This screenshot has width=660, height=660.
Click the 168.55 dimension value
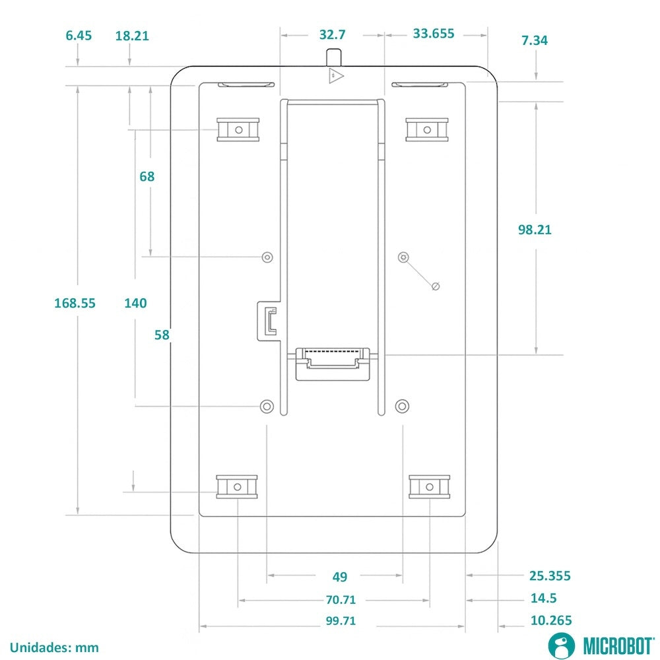75,303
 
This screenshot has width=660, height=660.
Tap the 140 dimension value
135,303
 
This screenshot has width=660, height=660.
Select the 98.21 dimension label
535,230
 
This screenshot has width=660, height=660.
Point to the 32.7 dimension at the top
332,34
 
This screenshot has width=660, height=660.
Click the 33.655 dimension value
434,34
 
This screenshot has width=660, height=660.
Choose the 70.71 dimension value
340,599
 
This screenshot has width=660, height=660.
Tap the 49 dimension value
340,577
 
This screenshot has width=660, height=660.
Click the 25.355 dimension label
550,576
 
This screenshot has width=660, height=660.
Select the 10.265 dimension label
550,620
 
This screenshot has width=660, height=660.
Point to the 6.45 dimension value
79,36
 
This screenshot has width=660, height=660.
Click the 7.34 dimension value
535,40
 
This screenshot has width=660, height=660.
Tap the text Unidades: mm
54,647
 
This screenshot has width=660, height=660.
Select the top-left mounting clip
238,129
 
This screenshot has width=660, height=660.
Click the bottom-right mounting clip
429,486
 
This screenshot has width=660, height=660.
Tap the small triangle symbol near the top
336,76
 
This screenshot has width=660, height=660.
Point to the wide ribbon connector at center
332,362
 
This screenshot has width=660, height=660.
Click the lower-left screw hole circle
267,405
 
